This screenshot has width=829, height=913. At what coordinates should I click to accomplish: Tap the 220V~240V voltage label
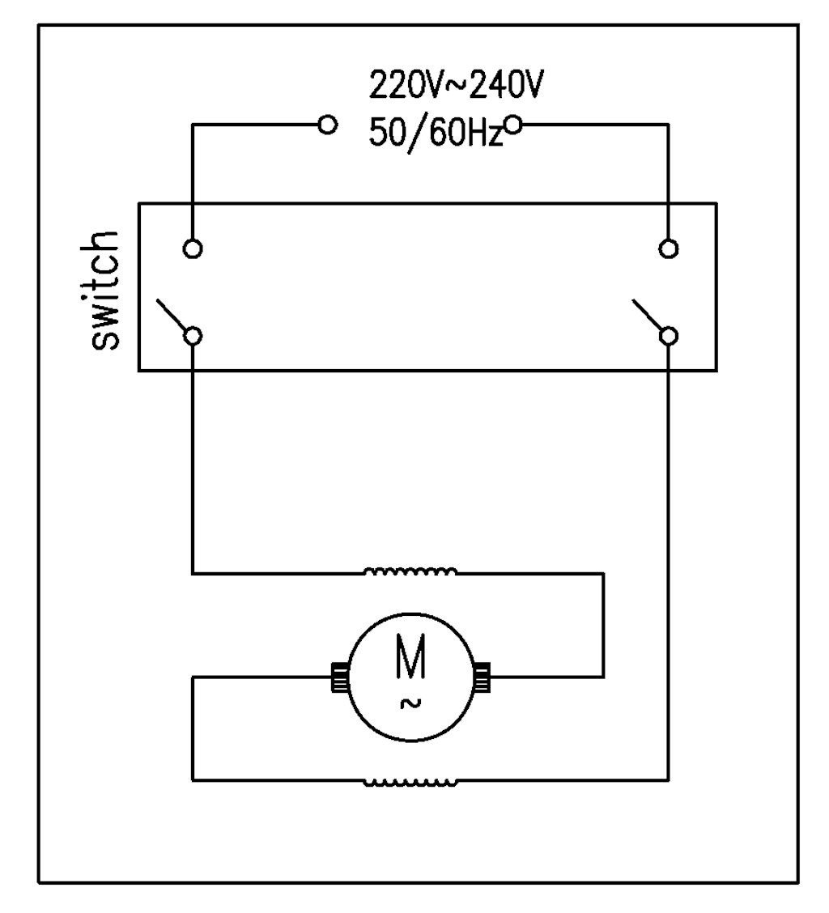[453, 83]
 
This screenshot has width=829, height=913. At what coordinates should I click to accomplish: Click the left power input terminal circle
[327, 125]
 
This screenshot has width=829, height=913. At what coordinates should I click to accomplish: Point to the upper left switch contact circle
[193, 248]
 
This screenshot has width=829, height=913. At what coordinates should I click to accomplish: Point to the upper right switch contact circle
[668, 248]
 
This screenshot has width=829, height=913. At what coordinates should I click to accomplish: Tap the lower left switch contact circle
[193, 335]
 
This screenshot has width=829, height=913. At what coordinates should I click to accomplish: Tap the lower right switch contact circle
[668, 335]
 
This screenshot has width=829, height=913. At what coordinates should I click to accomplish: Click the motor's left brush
[338, 677]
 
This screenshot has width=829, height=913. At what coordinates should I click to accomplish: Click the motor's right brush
[482, 677]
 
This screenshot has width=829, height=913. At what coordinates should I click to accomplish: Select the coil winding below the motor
[410, 782]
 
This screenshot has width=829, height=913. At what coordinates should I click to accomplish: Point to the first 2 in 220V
[379, 83]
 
